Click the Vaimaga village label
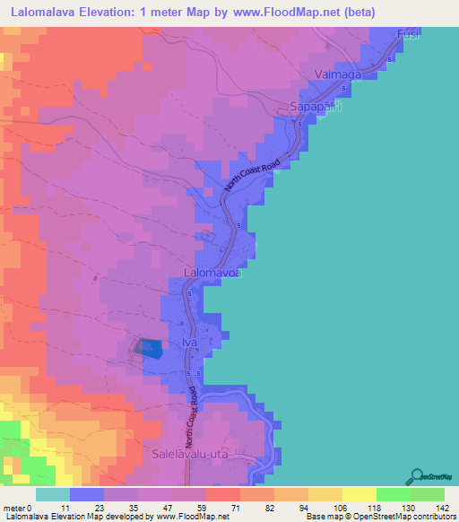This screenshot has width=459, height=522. point(338,75)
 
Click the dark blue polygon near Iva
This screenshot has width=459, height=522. point(151,349)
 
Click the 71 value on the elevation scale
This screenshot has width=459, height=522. point(210,508)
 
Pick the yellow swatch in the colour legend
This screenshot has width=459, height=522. point(359,494)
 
